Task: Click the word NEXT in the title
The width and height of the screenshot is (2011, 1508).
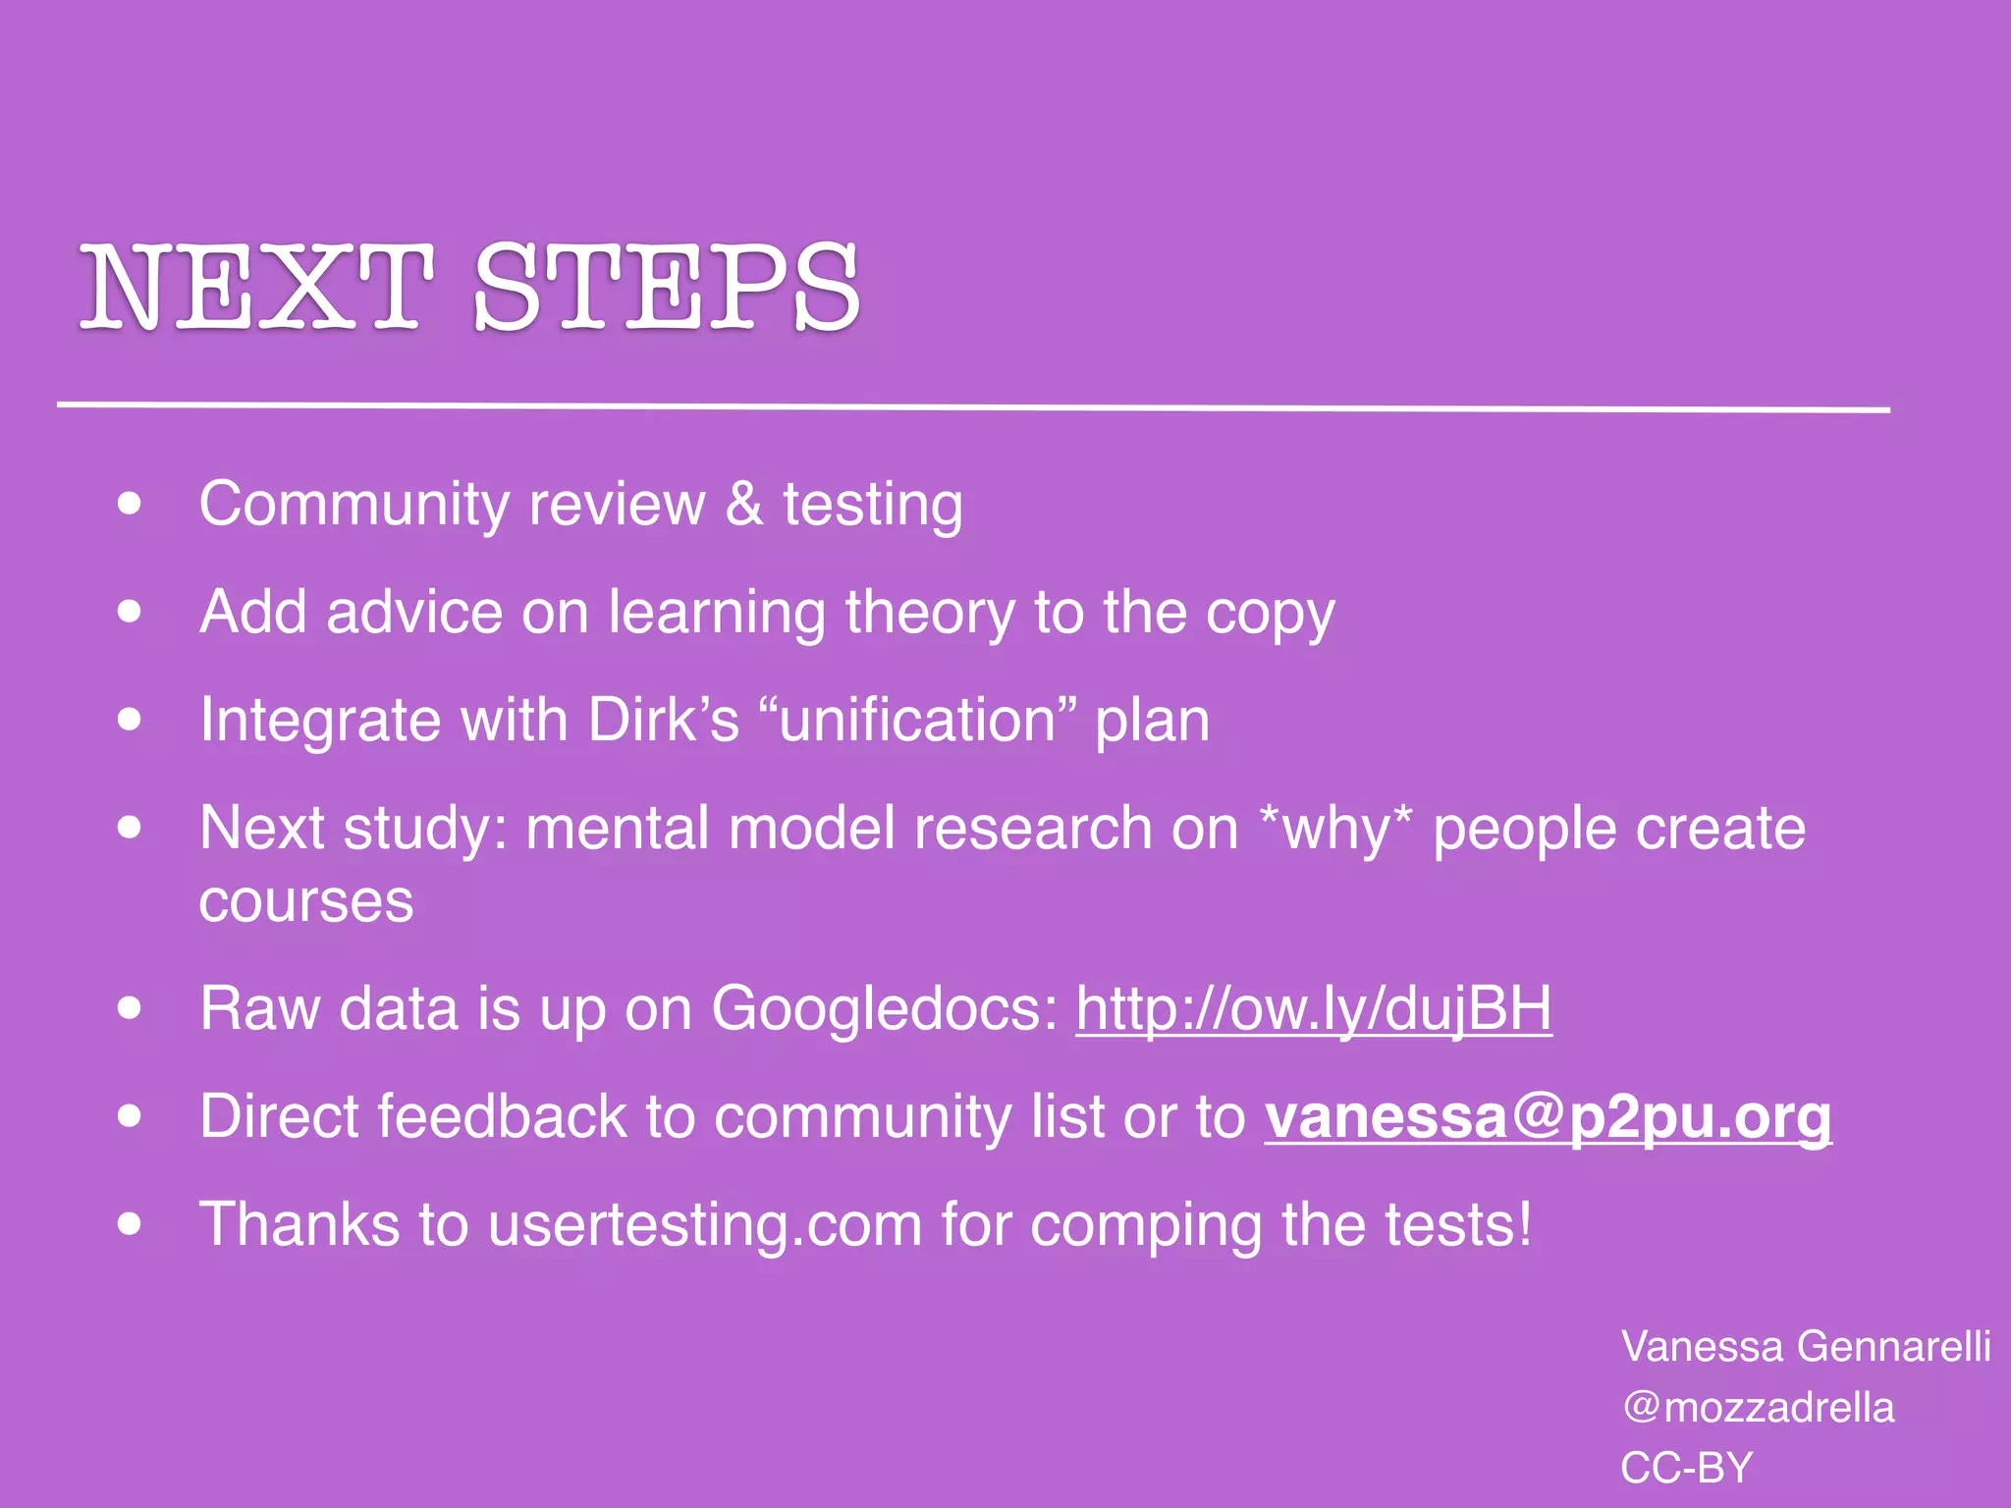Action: pyautogui.click(x=257, y=287)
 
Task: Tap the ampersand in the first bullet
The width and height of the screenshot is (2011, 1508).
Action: pyautogui.click(x=744, y=505)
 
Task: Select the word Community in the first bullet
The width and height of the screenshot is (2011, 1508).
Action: pyautogui.click(x=354, y=505)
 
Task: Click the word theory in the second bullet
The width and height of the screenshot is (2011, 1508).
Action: pyautogui.click(x=930, y=613)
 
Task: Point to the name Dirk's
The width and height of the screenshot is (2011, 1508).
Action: pyautogui.click(x=663, y=720)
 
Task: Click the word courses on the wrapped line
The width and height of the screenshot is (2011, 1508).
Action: pyautogui.click(x=306, y=901)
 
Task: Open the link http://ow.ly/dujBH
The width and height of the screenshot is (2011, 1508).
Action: pyautogui.click(x=1314, y=1008)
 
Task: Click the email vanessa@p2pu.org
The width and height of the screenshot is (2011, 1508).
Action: pyautogui.click(x=1548, y=1116)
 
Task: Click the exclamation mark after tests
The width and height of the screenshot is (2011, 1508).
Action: pyautogui.click(x=1524, y=1224)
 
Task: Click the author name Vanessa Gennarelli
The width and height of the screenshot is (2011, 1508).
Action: pyautogui.click(x=1805, y=1346)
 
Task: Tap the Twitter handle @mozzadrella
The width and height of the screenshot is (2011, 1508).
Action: pyautogui.click(x=1758, y=1407)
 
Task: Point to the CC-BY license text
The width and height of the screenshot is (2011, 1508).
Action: pyautogui.click(x=1686, y=1468)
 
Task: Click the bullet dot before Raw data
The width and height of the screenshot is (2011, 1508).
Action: pyautogui.click(x=129, y=1008)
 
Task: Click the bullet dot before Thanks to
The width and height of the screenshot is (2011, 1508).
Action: pyautogui.click(x=129, y=1224)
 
